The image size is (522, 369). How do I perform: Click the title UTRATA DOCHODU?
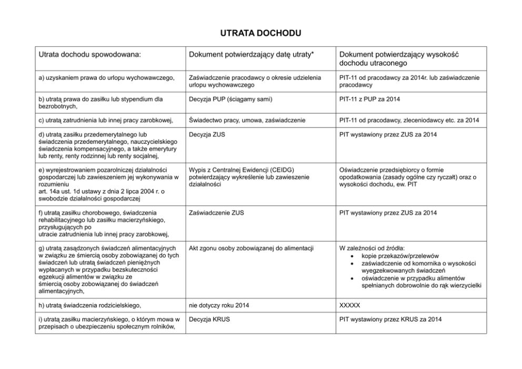[260, 34]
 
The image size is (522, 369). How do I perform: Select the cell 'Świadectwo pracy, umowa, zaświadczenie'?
[247, 120]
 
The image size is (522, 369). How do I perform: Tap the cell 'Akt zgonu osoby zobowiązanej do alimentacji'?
[251, 248]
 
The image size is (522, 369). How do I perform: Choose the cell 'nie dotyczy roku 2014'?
[219, 305]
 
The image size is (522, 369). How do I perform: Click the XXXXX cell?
[350, 305]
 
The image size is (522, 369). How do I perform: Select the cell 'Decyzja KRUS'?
[209, 319]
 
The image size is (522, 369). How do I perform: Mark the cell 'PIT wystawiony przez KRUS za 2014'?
[391, 319]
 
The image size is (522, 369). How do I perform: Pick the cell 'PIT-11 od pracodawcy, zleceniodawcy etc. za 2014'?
[409, 120]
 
